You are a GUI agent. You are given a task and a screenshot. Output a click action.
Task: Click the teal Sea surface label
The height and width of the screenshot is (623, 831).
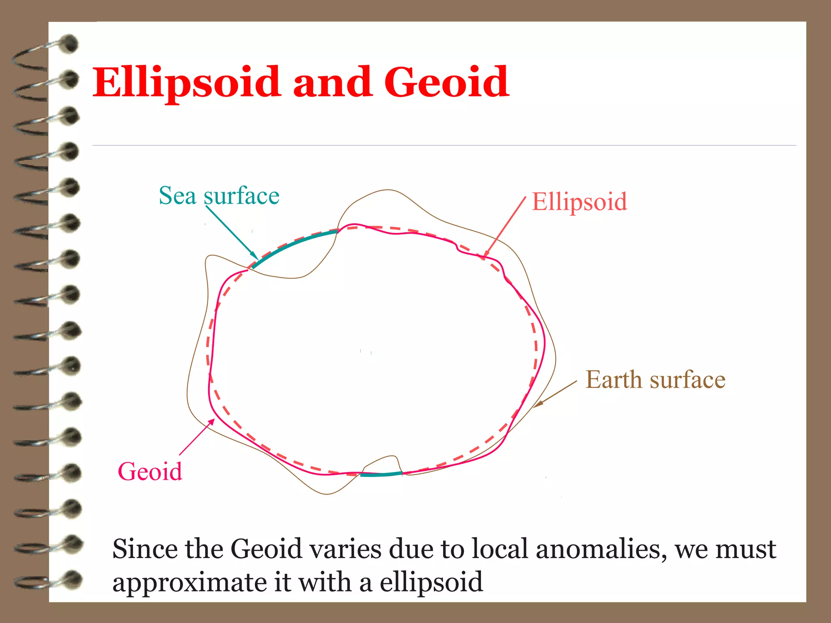pos(219,196)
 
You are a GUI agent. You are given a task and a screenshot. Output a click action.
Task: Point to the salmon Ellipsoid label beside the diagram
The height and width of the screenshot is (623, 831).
pos(579,202)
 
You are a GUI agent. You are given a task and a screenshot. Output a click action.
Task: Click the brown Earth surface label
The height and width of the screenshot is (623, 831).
pos(655,380)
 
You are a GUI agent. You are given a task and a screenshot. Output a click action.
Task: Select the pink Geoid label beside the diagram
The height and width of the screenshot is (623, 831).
pos(150,472)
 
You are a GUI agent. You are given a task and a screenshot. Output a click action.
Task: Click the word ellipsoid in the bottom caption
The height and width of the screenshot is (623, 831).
pos(431,582)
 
